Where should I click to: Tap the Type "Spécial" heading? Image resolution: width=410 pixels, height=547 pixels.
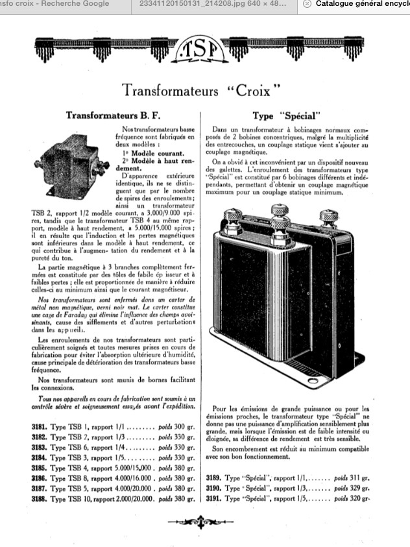[286, 116]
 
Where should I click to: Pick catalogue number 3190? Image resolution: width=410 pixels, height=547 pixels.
[217, 488]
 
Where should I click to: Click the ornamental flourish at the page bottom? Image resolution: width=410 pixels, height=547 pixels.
[204, 522]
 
